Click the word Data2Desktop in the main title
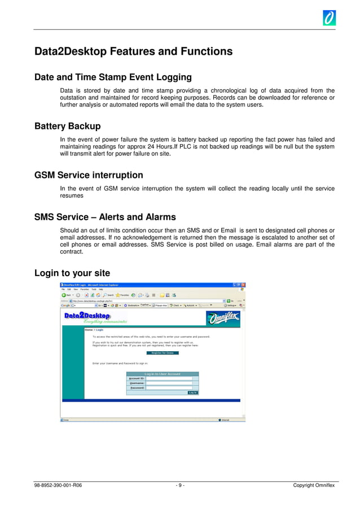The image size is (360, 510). (x=71, y=52)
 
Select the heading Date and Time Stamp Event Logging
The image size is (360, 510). (x=113, y=77)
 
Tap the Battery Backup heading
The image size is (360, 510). (x=67, y=126)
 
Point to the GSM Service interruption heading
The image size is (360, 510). (x=89, y=175)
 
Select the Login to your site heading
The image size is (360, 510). (x=72, y=273)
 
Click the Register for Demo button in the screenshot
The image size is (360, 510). (x=162, y=353)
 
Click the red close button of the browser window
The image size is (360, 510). (x=243, y=285)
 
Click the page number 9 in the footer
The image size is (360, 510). (x=179, y=486)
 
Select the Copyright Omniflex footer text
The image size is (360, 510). (x=314, y=486)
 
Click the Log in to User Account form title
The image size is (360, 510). (x=163, y=374)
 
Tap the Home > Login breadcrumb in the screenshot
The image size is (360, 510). (x=94, y=329)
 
